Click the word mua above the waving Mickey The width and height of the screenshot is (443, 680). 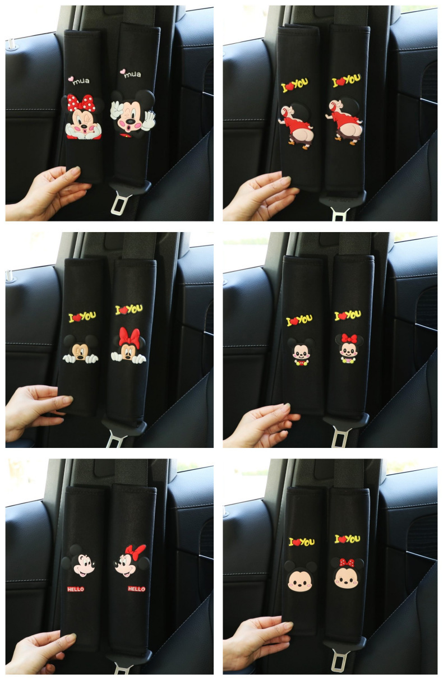coord(133,75)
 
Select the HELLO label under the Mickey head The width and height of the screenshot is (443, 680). coord(75,589)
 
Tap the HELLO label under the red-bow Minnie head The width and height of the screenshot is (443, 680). coord(136,589)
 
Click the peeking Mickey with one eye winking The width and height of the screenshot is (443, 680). coord(80,349)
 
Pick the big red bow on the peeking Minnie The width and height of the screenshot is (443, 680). coord(130,337)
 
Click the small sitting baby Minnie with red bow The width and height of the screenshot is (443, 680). coord(349,348)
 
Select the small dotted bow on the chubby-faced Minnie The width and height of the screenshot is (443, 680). coord(347,562)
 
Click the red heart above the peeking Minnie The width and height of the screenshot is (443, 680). coord(123,310)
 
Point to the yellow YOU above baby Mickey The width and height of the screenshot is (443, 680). coord(304,319)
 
